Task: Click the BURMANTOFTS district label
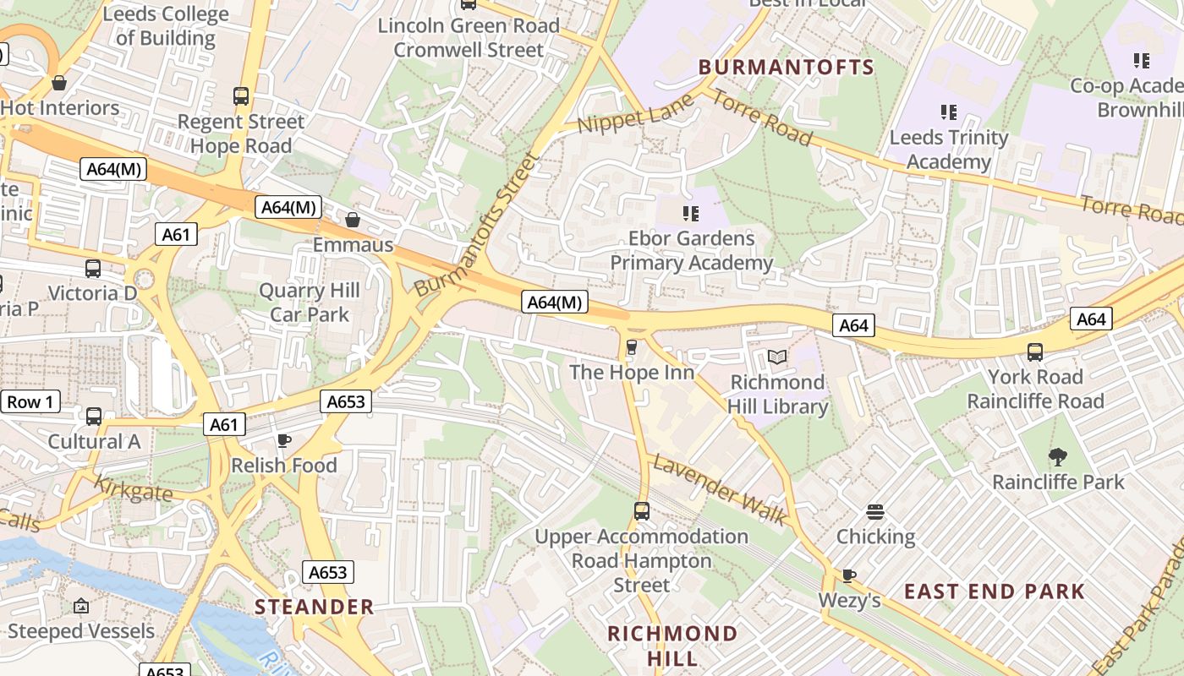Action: click(786, 68)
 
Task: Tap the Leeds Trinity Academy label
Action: click(949, 150)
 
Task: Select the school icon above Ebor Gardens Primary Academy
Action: click(691, 214)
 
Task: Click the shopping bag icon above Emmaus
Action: click(353, 220)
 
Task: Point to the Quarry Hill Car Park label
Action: click(310, 303)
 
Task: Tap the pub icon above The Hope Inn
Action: click(631, 347)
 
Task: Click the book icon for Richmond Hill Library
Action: click(777, 357)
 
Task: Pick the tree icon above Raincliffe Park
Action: click(1057, 457)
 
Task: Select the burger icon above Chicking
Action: click(875, 511)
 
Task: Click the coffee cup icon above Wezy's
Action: click(849, 575)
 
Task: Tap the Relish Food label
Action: click(284, 466)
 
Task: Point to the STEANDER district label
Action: click(315, 607)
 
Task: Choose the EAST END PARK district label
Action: click(995, 591)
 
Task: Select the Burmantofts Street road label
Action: click(478, 225)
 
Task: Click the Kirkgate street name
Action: click(133, 489)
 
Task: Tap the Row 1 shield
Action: click(30, 401)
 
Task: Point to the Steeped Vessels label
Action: click(81, 631)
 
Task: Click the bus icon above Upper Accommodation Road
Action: click(642, 511)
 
